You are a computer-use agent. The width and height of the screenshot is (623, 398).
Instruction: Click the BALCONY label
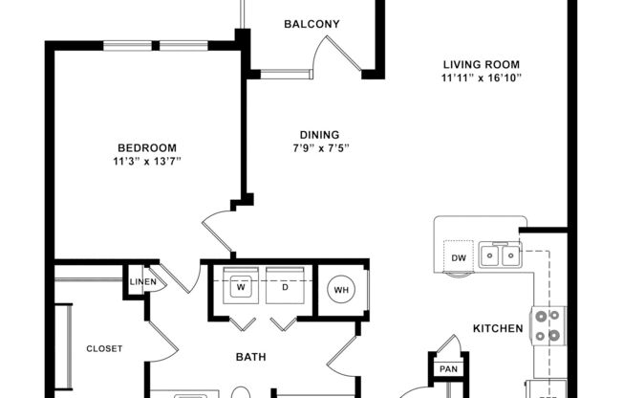point(311,24)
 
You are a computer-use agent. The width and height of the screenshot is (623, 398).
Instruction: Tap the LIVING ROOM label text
point(481,63)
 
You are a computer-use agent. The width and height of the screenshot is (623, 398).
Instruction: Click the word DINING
point(318,135)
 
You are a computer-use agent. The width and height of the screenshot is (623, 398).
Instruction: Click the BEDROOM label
point(147,147)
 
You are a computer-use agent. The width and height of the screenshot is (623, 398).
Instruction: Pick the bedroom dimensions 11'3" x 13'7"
point(147,161)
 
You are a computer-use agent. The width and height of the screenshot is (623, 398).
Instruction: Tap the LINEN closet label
point(143,282)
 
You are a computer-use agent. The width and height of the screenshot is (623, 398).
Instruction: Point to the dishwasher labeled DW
point(458,258)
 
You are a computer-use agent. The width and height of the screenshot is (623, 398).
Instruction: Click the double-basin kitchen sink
point(501,254)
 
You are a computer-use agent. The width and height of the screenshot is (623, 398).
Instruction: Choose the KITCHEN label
point(498,328)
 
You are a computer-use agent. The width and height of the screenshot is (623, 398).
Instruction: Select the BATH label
point(250,358)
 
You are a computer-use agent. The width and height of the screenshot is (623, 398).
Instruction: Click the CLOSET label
point(104,349)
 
